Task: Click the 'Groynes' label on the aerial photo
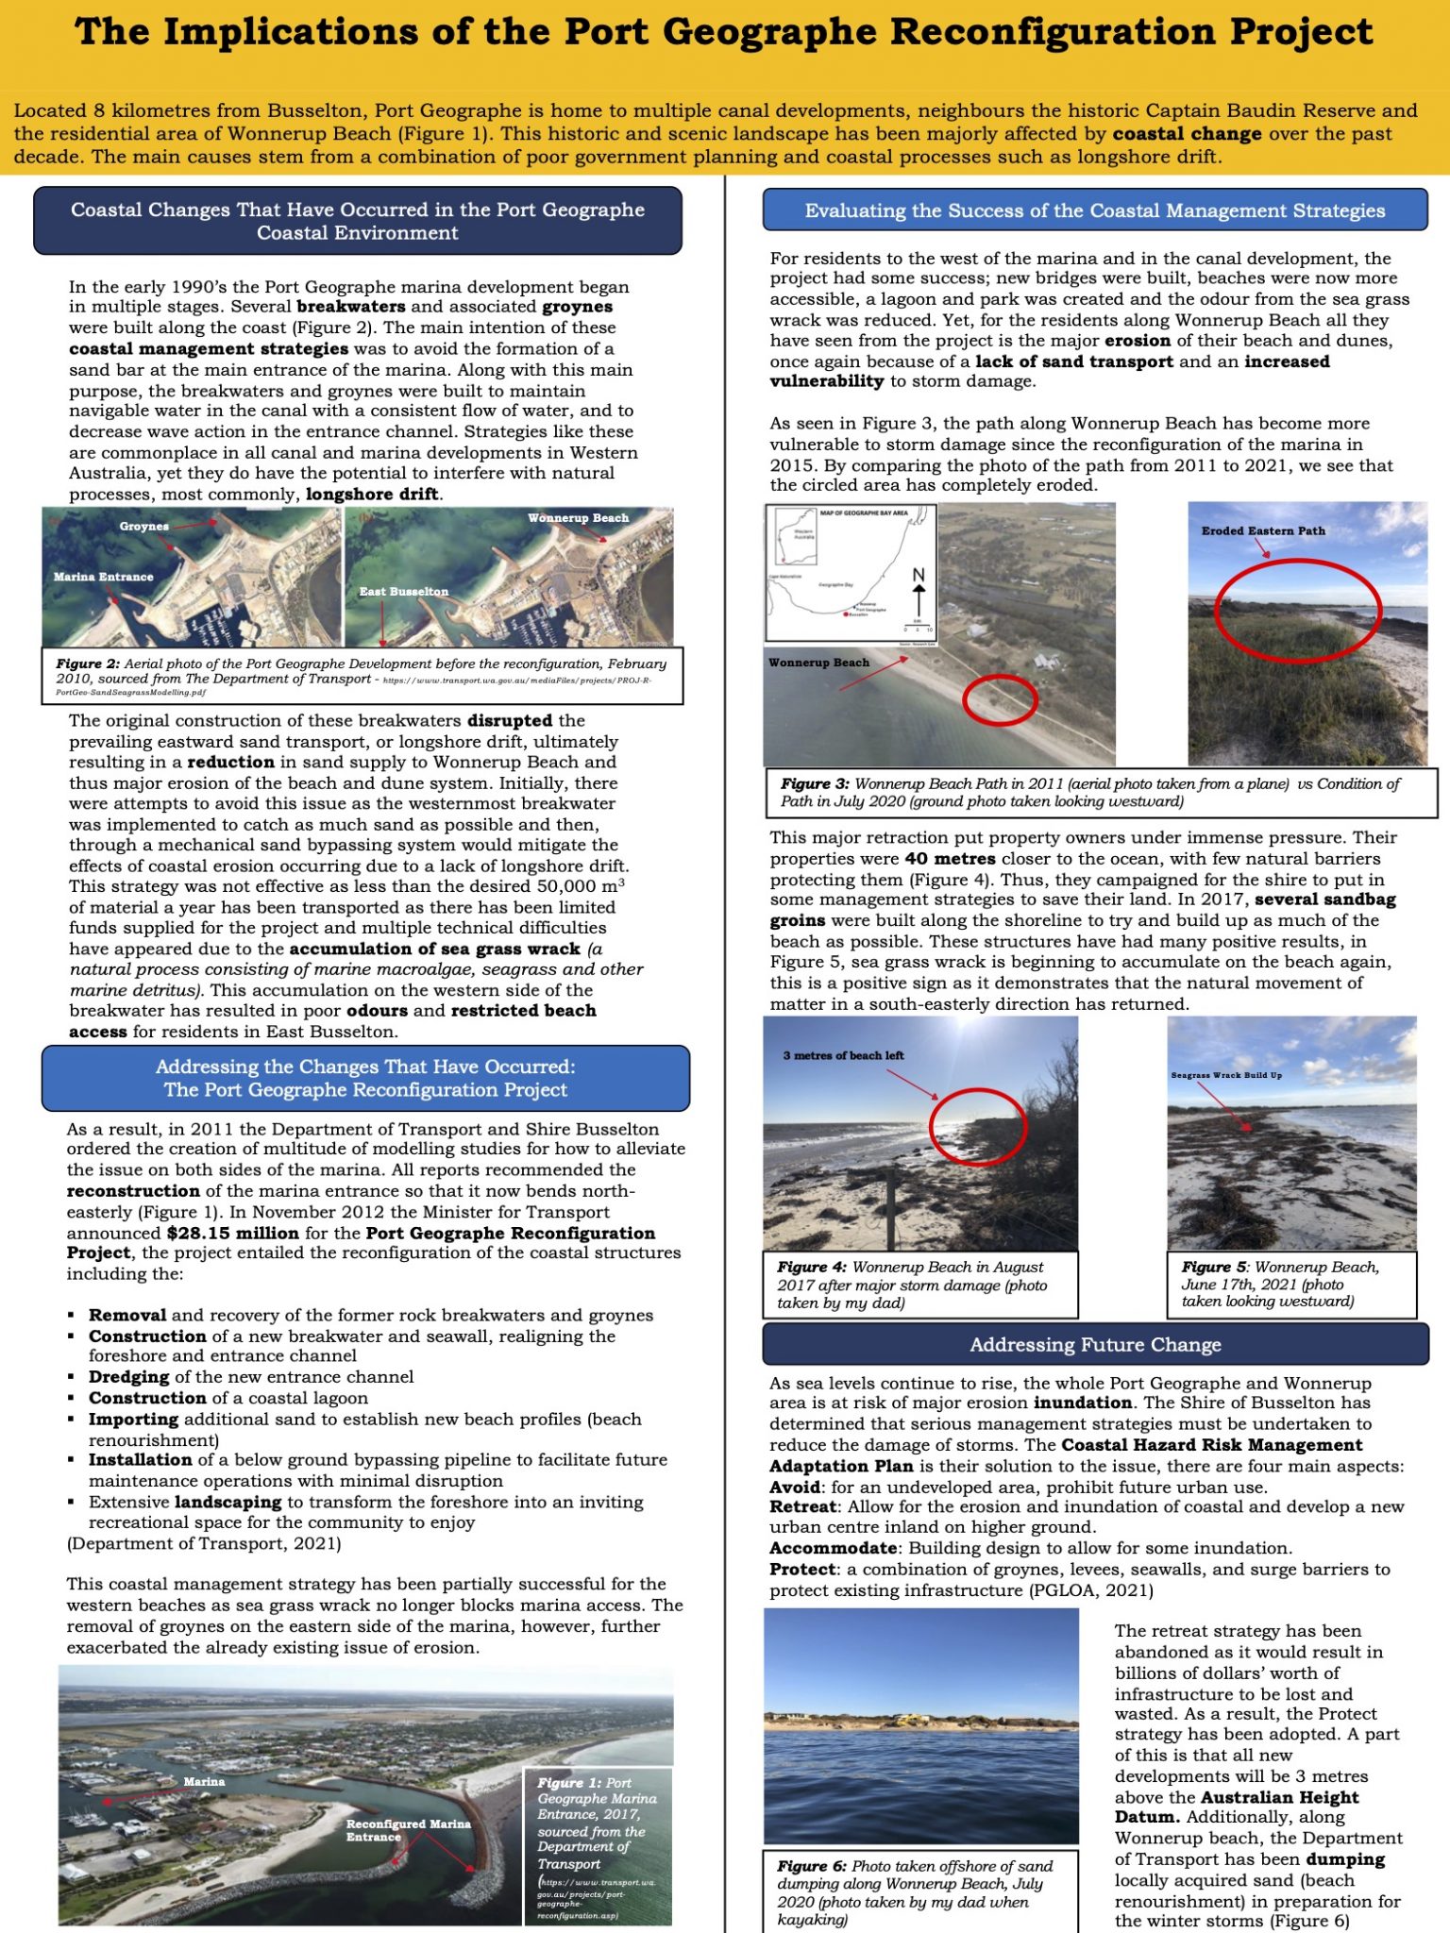click(x=144, y=527)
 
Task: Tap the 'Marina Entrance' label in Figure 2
click(x=103, y=577)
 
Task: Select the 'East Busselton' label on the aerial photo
click(x=403, y=592)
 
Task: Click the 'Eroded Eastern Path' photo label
click(x=1263, y=531)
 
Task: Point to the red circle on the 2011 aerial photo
click(x=1000, y=700)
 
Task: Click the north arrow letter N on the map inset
click(x=919, y=575)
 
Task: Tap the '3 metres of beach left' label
click(x=843, y=1055)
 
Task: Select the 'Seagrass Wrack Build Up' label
click(x=1226, y=1075)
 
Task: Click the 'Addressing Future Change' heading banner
click(x=1095, y=1344)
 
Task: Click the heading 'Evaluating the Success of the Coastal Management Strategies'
click(x=1095, y=210)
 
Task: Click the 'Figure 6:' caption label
click(x=812, y=1866)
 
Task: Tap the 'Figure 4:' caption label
click(x=812, y=1268)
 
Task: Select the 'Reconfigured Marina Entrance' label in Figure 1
click(x=408, y=1830)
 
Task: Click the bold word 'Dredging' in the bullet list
click(x=129, y=1377)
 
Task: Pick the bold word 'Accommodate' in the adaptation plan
click(x=833, y=1548)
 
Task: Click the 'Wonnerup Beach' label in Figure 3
click(x=818, y=663)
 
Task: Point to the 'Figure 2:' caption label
click(x=87, y=664)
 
